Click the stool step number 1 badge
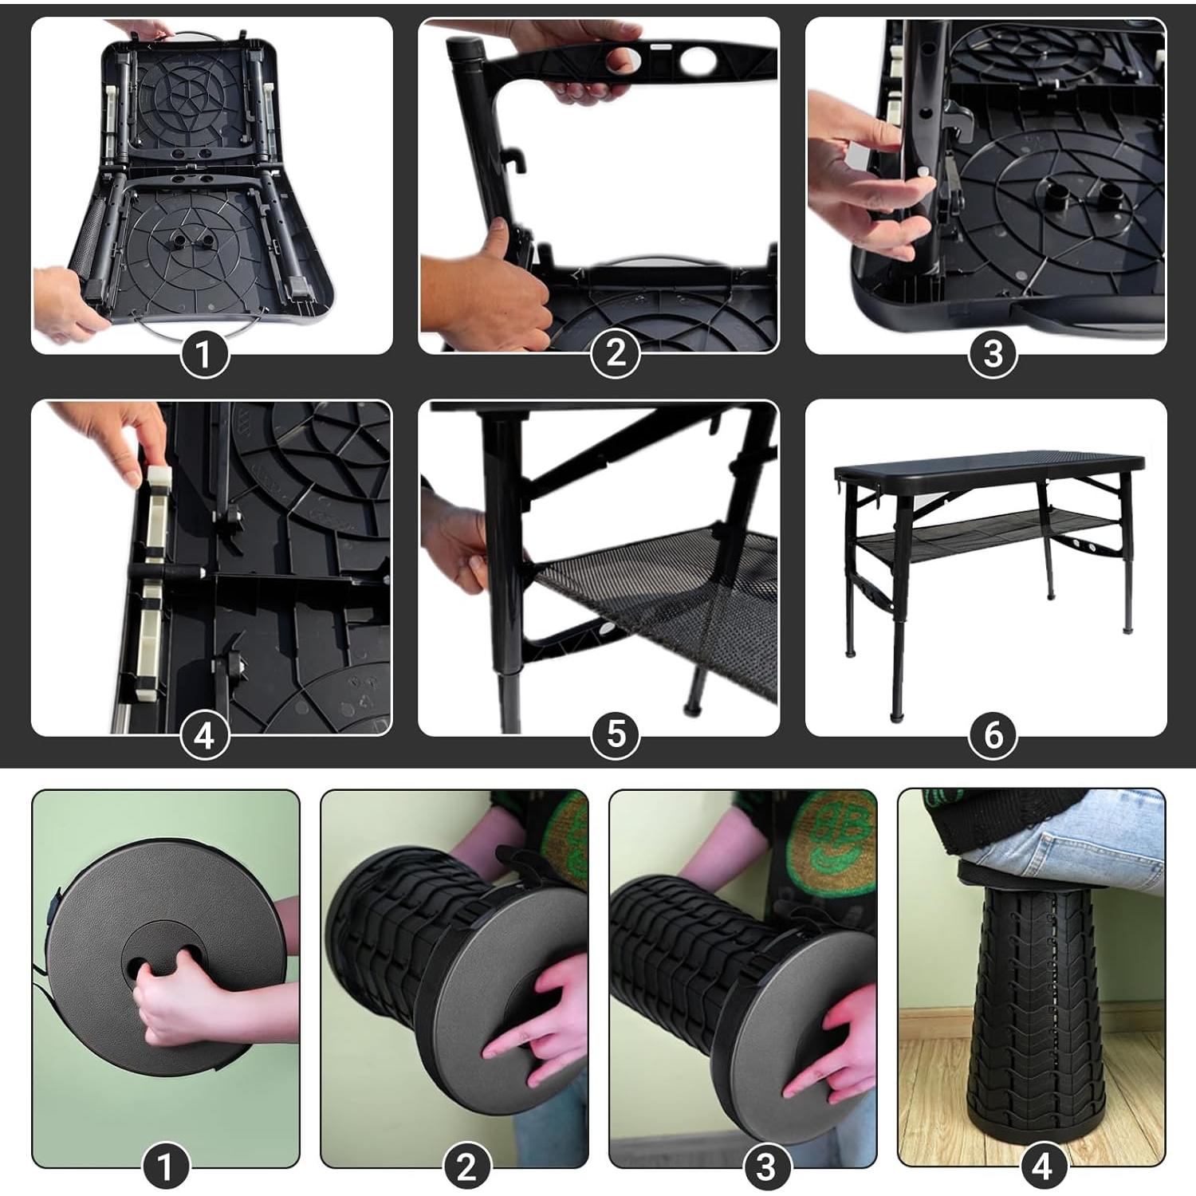166,1167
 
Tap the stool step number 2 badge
466,1167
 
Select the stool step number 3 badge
765,1167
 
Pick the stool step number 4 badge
1042,1167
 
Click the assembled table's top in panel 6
989,462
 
